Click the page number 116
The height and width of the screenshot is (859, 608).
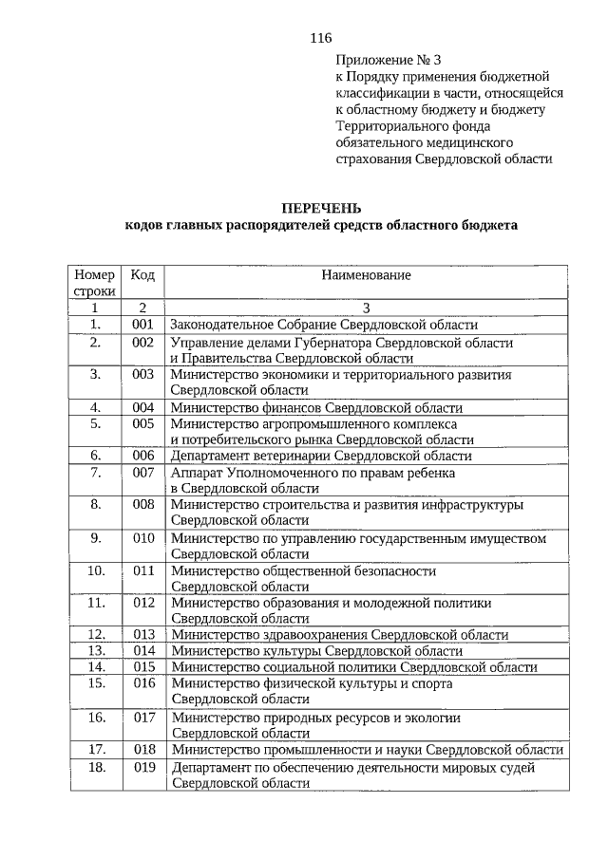point(320,39)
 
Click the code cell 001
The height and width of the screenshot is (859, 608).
point(143,325)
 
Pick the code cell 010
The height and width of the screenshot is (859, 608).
point(143,537)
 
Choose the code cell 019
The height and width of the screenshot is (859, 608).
point(143,766)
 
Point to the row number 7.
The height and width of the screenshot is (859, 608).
point(96,471)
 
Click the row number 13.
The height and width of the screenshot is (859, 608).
point(96,650)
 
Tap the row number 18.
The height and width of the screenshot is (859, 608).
point(96,766)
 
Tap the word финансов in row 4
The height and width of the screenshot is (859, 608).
point(281,407)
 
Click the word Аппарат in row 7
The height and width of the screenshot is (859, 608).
point(195,472)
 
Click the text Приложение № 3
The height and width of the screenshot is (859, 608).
point(384,58)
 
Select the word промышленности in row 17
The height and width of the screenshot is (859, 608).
point(315,750)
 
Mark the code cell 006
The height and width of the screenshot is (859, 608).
point(143,456)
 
